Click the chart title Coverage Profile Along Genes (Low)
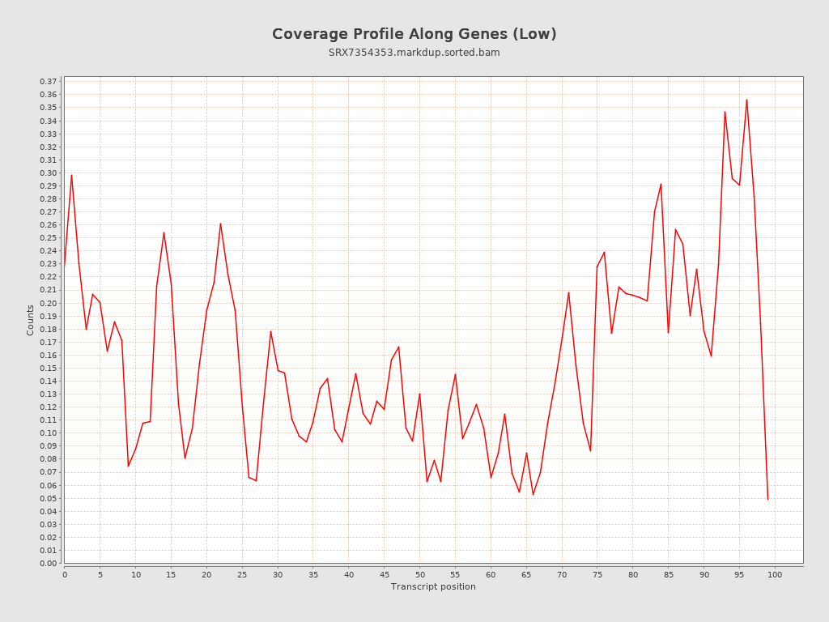[x=414, y=34]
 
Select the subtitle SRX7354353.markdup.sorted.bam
[x=414, y=53]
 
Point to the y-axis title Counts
[x=31, y=320]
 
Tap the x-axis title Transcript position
[x=433, y=586]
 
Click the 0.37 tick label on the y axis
[x=49, y=82]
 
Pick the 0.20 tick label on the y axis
[x=49, y=303]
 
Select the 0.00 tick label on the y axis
[x=49, y=563]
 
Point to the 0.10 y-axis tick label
[x=49, y=433]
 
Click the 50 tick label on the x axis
[x=419, y=574]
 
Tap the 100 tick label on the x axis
[x=775, y=574]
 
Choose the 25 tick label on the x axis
[x=242, y=574]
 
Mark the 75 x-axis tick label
[x=597, y=574]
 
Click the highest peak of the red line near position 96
[x=746, y=100]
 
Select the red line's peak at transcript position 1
[x=71, y=175]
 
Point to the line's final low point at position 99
[x=767, y=499]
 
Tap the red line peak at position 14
[x=164, y=232]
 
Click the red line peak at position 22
[x=220, y=224]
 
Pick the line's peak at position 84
[x=661, y=184]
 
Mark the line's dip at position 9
[x=128, y=466]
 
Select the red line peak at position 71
[x=568, y=292]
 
